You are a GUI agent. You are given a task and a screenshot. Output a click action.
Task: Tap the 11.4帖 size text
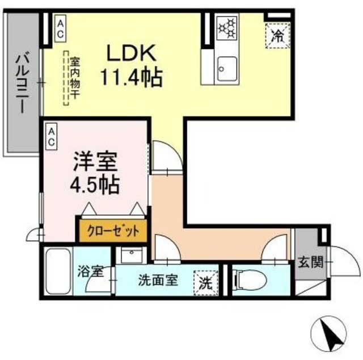tap(132, 77)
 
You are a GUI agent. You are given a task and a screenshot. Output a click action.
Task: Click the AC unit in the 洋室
tap(51, 136)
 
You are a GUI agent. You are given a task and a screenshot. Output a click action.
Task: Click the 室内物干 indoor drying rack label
tap(73, 79)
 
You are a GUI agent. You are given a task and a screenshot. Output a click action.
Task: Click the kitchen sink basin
tap(226, 70)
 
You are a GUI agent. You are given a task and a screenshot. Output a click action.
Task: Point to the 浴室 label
tap(91, 271)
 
